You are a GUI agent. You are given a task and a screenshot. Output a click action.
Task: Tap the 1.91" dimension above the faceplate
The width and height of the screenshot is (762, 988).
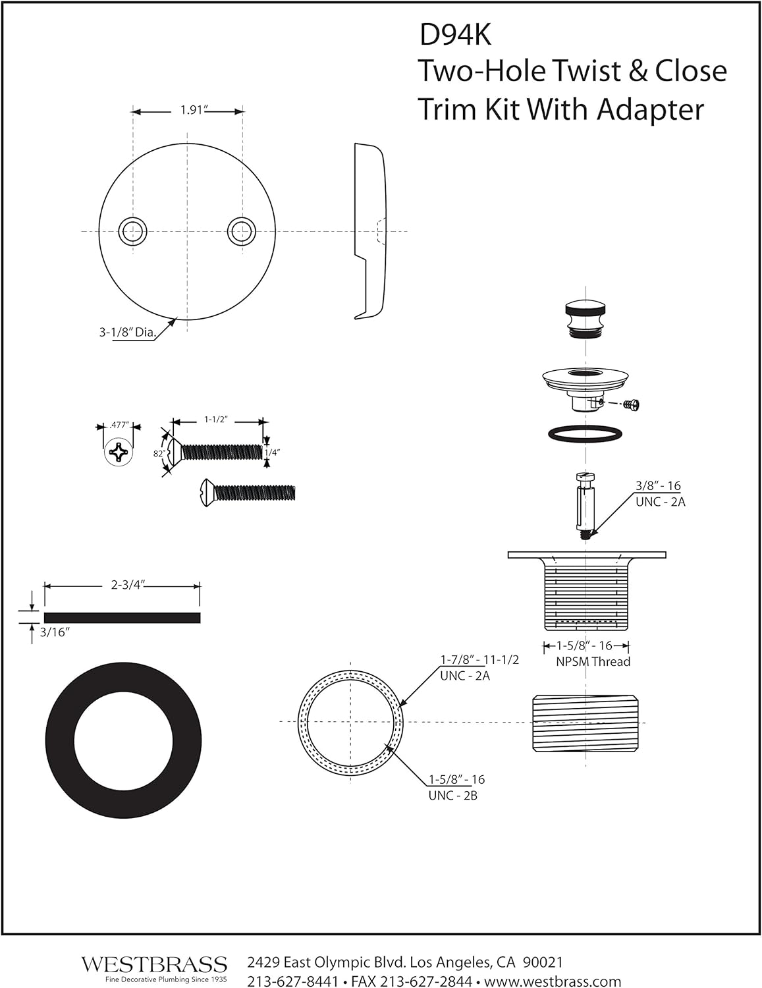point(192,110)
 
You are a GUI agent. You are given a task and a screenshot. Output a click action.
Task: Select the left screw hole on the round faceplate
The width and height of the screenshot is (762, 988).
point(132,231)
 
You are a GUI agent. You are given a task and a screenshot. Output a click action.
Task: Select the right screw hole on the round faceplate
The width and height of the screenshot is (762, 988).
point(242,231)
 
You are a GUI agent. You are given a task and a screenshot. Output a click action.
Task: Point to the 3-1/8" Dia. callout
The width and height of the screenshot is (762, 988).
point(128,333)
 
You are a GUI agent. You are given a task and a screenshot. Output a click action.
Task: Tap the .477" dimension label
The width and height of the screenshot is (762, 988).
point(119,425)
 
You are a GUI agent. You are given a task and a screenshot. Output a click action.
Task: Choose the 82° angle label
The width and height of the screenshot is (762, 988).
point(158,453)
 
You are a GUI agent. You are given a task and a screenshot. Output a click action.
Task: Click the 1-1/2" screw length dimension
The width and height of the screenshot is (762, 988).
point(216,420)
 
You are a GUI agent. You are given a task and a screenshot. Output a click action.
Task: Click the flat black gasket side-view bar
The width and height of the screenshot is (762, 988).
point(122,617)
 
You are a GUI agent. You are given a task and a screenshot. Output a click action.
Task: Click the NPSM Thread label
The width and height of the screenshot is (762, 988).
point(593,662)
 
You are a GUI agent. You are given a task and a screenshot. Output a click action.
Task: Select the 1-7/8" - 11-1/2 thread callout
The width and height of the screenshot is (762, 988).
point(479,667)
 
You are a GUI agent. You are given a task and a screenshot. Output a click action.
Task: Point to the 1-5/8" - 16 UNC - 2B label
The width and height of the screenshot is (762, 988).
point(456,787)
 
